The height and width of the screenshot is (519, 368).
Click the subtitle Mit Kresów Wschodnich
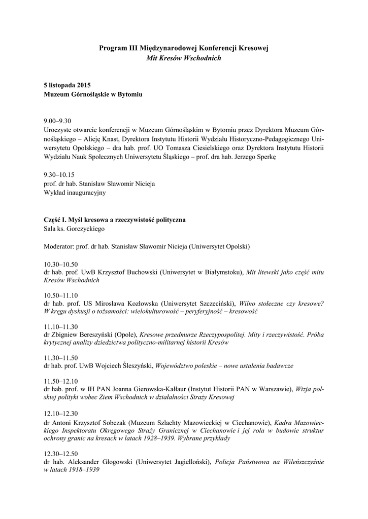[184, 58]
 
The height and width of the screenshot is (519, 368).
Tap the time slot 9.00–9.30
[58, 121]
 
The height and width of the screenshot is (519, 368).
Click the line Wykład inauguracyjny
[75, 193]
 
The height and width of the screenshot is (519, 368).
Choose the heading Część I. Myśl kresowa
[115, 219]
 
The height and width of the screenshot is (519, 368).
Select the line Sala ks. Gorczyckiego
[74, 229]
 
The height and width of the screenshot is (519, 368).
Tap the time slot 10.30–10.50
[61, 264]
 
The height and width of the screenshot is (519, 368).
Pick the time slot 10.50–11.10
[61, 295]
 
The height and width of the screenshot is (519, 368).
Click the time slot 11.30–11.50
[61, 357]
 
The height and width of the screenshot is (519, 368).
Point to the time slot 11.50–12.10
[61, 381]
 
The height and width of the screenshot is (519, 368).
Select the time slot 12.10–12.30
[61, 412]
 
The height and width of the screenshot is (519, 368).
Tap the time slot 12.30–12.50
[61, 453]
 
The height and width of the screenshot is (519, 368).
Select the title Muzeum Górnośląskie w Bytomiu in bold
[93, 94]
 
